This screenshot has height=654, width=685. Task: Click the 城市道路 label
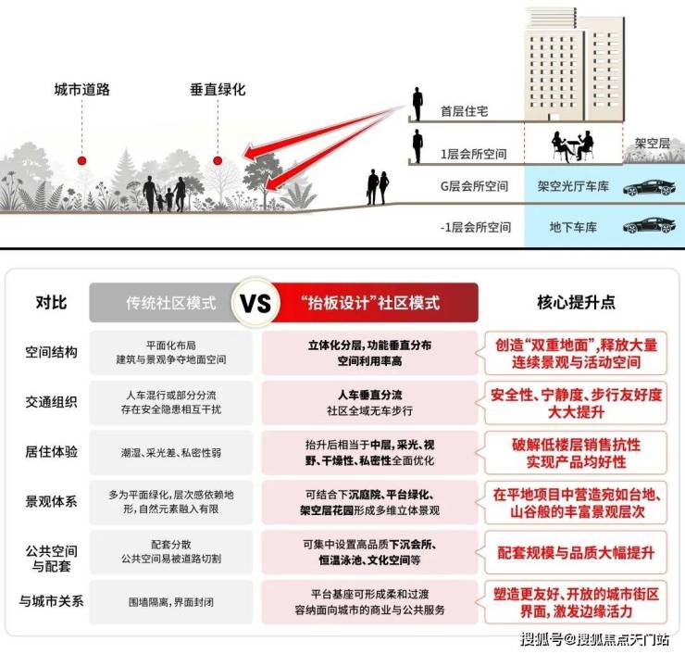pyautogui.click(x=82, y=90)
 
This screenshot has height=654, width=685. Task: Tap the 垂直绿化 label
pyautogui.click(x=218, y=90)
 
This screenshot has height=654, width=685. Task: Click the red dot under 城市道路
pyautogui.click(x=81, y=160)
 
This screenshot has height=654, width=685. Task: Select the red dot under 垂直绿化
pyautogui.click(x=218, y=160)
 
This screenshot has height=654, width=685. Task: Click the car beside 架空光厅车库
pyautogui.click(x=649, y=187)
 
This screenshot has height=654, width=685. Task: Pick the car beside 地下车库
pyautogui.click(x=649, y=226)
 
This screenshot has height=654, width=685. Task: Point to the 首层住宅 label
pyautogui.click(x=465, y=111)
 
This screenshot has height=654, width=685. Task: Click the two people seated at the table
pyautogui.click(x=573, y=145)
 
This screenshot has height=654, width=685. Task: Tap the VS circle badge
pyautogui.click(x=256, y=302)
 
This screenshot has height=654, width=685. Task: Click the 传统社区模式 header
pyautogui.click(x=171, y=303)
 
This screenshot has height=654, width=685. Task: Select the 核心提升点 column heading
pyautogui.click(x=576, y=302)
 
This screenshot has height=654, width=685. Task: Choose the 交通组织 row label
pyautogui.click(x=51, y=402)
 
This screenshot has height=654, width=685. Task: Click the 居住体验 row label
pyautogui.click(x=51, y=451)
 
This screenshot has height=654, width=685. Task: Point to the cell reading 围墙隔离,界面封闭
pyautogui.click(x=171, y=602)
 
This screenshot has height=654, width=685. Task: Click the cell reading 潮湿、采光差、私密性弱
pyautogui.click(x=171, y=452)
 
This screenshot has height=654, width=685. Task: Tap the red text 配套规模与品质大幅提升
pyautogui.click(x=576, y=553)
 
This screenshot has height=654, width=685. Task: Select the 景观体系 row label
pyautogui.click(x=51, y=501)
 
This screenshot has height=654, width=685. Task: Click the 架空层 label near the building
pyautogui.click(x=653, y=143)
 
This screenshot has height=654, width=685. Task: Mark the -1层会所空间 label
pyautogui.click(x=476, y=227)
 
